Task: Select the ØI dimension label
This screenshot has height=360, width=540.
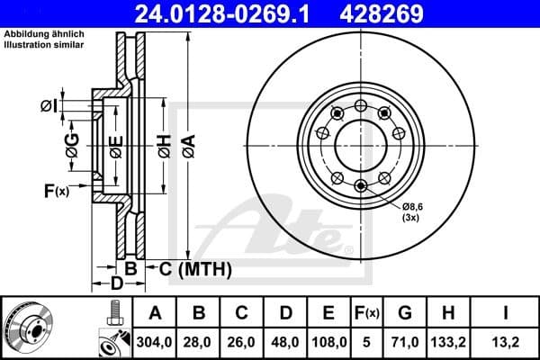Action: coord(49,107)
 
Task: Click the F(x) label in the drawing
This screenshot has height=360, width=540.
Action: coord(56,191)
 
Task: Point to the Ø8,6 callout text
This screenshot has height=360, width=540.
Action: coord(414,207)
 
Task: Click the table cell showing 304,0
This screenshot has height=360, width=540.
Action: coord(156,342)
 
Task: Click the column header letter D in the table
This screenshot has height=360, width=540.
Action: coord(285,314)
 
